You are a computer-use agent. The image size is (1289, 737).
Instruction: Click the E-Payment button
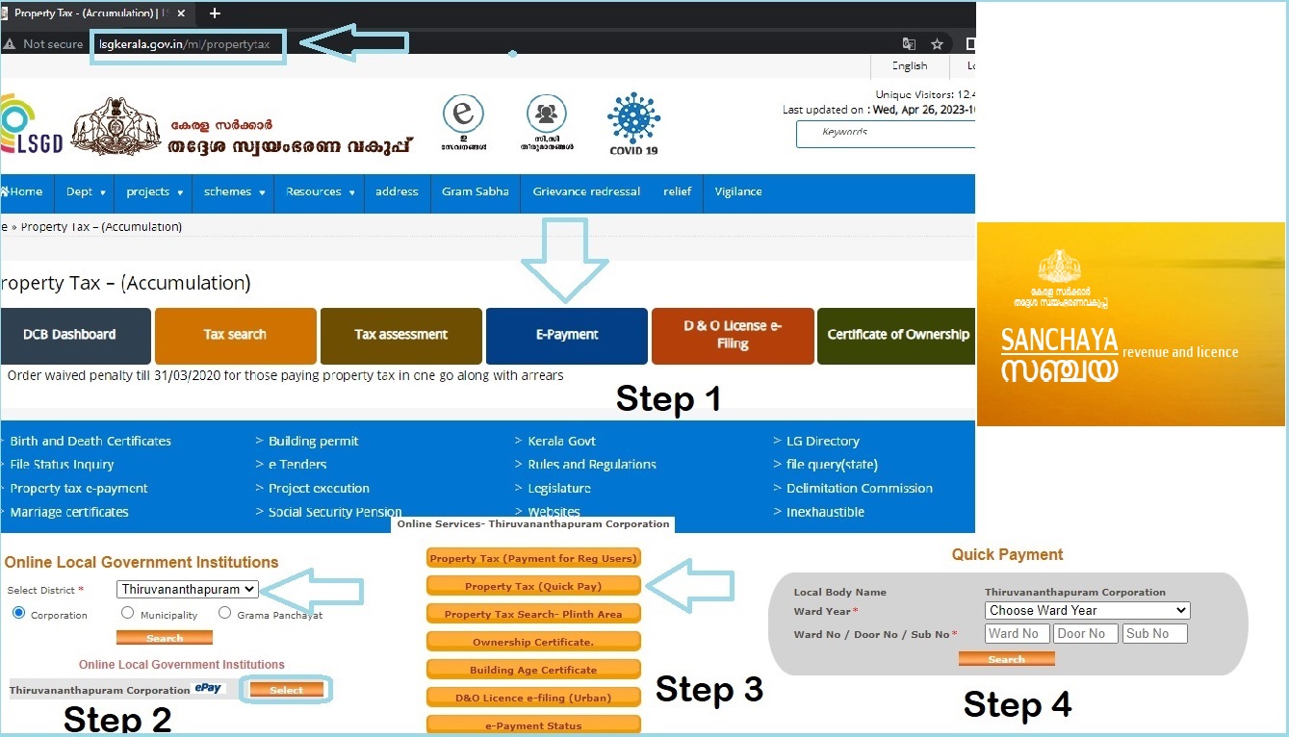click(x=566, y=335)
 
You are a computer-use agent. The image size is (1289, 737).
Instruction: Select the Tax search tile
click(x=235, y=335)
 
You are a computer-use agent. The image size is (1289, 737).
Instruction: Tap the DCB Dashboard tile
click(x=69, y=335)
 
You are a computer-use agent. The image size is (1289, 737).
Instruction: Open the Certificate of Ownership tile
click(x=897, y=335)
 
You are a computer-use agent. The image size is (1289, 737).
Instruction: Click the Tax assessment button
click(x=400, y=335)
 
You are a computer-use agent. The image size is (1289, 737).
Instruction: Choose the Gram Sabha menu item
click(x=476, y=191)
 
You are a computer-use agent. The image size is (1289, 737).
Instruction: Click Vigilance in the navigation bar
click(x=738, y=191)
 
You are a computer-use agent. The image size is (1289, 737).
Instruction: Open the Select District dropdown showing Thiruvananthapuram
click(x=188, y=589)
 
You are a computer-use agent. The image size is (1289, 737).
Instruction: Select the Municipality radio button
click(x=128, y=614)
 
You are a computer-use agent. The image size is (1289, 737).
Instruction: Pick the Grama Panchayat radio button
click(x=225, y=614)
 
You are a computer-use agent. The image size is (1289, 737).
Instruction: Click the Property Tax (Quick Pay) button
click(x=533, y=586)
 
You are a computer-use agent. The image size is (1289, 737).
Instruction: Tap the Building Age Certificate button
click(x=533, y=670)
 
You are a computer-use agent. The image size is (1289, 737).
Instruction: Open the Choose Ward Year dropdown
click(x=1087, y=610)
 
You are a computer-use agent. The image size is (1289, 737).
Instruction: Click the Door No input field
click(x=1085, y=633)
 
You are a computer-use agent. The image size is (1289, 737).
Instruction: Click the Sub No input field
click(x=1154, y=633)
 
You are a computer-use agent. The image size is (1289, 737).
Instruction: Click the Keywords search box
click(x=886, y=134)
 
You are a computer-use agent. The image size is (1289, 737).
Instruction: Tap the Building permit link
click(x=313, y=441)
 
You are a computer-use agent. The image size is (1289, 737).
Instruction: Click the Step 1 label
click(x=668, y=397)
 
